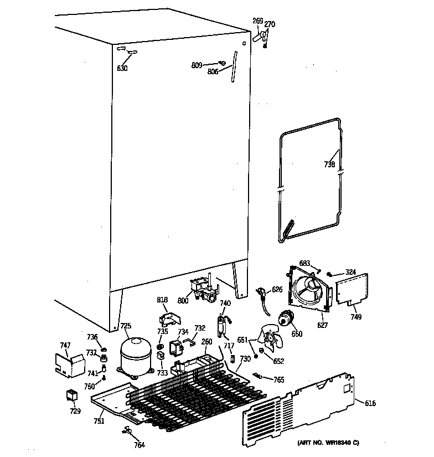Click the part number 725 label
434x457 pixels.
point(126,326)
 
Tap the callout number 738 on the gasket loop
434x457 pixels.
point(329,164)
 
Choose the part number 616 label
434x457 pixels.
point(370,403)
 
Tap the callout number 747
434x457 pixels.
point(65,346)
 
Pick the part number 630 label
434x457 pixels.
point(122,69)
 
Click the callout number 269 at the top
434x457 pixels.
point(257,21)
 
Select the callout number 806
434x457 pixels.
point(213,71)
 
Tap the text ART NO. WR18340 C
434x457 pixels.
point(328,443)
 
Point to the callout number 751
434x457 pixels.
point(99,421)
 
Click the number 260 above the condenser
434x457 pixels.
point(206,342)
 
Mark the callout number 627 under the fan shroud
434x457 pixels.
point(322,325)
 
